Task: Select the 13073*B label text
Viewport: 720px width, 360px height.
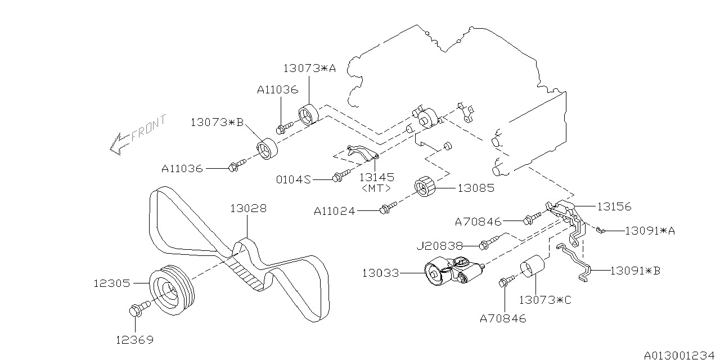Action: pos(217,122)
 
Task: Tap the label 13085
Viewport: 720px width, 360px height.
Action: pos(475,188)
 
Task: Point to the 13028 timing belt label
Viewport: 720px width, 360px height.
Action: pos(248,209)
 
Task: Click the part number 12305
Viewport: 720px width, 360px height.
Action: pos(112,285)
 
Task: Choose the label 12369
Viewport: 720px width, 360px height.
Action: pos(134,340)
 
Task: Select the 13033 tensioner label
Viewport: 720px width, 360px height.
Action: pos(380,273)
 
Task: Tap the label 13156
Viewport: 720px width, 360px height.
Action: pos(615,206)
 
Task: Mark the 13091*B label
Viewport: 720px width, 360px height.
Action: pos(635,271)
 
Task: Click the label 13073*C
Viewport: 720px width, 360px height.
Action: pos(544,300)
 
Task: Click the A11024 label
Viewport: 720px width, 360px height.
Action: pos(335,211)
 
